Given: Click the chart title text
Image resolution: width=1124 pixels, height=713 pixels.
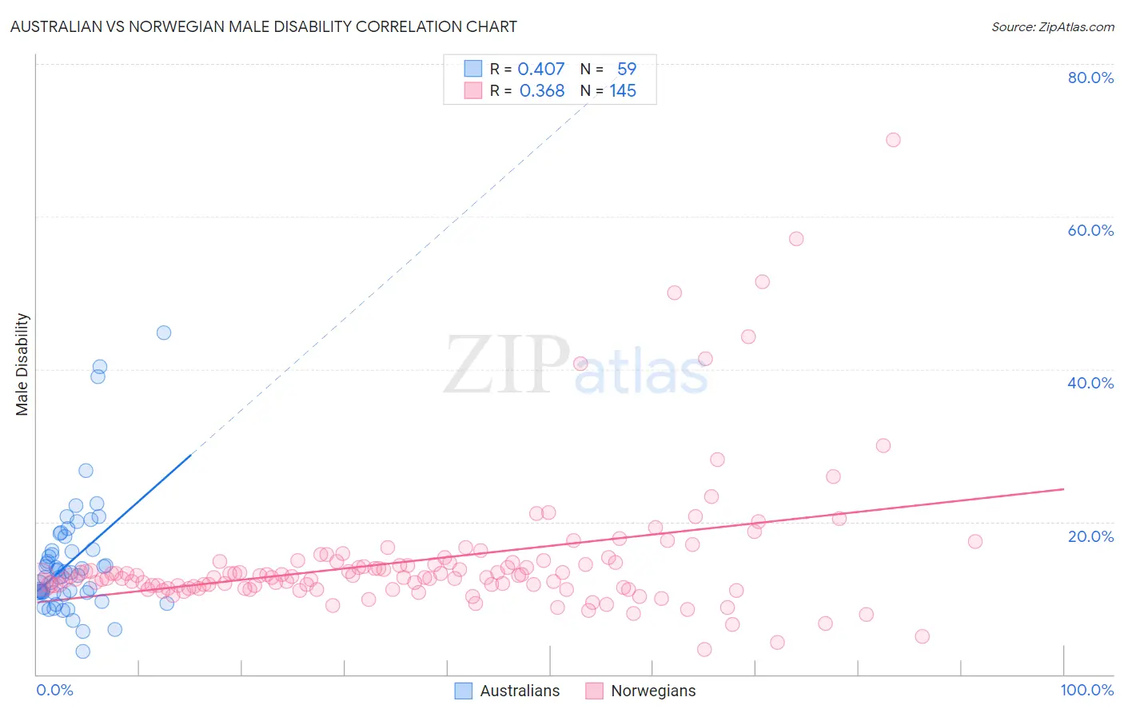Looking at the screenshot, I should tap(263, 26).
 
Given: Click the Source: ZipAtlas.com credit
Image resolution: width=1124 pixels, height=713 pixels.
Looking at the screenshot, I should tap(1052, 26).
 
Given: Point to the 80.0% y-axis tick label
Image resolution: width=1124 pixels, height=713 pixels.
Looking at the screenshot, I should tap(1090, 78).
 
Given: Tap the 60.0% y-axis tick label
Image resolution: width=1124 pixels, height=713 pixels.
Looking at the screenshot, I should tap(1090, 230).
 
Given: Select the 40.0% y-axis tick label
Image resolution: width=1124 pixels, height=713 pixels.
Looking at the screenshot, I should tap(1090, 383).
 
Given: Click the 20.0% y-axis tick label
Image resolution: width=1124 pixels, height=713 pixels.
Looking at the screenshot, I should tap(1090, 536).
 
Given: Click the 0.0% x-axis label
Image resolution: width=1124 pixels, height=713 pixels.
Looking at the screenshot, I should tap(54, 690).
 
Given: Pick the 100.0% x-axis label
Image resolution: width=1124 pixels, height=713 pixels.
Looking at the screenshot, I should tap(1086, 690).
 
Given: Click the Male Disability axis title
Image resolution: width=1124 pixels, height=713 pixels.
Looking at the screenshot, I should tap(22, 364).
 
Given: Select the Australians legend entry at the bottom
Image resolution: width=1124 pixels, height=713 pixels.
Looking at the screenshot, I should tap(508, 691).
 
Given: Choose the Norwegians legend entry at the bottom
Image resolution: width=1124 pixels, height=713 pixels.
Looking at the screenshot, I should tap(641, 691).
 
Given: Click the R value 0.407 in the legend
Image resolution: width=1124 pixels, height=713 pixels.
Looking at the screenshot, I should tap(541, 69).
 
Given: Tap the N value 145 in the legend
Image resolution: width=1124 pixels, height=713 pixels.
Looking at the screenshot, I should tap(623, 91).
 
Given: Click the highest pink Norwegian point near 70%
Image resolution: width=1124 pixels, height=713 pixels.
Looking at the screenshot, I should tap(893, 140).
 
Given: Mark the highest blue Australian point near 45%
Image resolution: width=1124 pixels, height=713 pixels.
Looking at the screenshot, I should tap(164, 333).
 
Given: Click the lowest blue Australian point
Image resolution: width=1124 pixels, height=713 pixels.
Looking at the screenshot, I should tap(82, 651).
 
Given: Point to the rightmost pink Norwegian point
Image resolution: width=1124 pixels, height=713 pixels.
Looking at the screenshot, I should tap(975, 541).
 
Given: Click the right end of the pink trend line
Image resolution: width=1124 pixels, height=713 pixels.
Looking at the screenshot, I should tap(1063, 488).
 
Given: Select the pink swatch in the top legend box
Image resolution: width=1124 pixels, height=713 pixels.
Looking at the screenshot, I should tap(473, 91).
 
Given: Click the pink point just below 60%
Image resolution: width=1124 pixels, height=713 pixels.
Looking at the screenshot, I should tap(795, 239).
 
